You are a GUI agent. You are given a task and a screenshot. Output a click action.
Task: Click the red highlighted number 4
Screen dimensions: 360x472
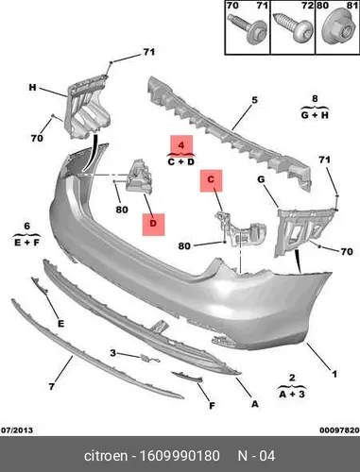pos(181,145)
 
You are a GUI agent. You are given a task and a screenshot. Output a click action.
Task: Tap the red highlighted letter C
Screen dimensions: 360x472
pos(211,179)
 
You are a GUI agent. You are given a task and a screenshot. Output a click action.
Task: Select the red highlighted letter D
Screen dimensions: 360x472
pos(153,224)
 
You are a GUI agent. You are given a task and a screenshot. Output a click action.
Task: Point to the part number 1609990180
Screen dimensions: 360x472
pos(180,456)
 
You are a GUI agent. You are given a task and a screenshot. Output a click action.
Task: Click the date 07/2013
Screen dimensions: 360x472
pos(16,430)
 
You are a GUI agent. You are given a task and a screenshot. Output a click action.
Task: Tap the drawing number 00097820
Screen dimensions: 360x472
pos(339,430)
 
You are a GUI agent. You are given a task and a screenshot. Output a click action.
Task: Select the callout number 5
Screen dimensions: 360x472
pos(254,100)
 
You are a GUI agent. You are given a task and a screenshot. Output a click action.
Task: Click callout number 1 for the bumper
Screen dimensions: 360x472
pos(334,374)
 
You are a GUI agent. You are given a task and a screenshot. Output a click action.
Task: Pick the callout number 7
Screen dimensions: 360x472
pos(52,386)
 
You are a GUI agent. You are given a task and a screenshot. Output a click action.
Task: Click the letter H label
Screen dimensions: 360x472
pos(32,87)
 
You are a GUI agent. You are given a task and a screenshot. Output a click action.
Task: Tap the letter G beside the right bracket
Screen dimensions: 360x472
pos(261,179)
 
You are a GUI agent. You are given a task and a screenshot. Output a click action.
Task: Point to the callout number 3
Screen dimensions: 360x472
pos(113,353)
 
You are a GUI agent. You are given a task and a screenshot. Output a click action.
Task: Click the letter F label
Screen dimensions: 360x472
pos(212,406)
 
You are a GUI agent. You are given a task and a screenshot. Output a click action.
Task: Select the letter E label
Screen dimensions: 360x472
pos(60,323)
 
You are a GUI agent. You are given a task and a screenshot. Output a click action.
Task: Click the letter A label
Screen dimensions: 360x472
pos(254,404)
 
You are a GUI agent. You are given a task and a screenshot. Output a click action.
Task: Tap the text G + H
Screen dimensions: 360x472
pos(315,115)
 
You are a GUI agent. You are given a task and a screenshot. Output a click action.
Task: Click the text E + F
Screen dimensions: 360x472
pos(27,243)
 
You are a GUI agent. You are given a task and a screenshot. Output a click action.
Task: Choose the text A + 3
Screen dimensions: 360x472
pos(292,394)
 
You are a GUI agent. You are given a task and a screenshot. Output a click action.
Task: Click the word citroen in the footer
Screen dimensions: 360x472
pos(106,456)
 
